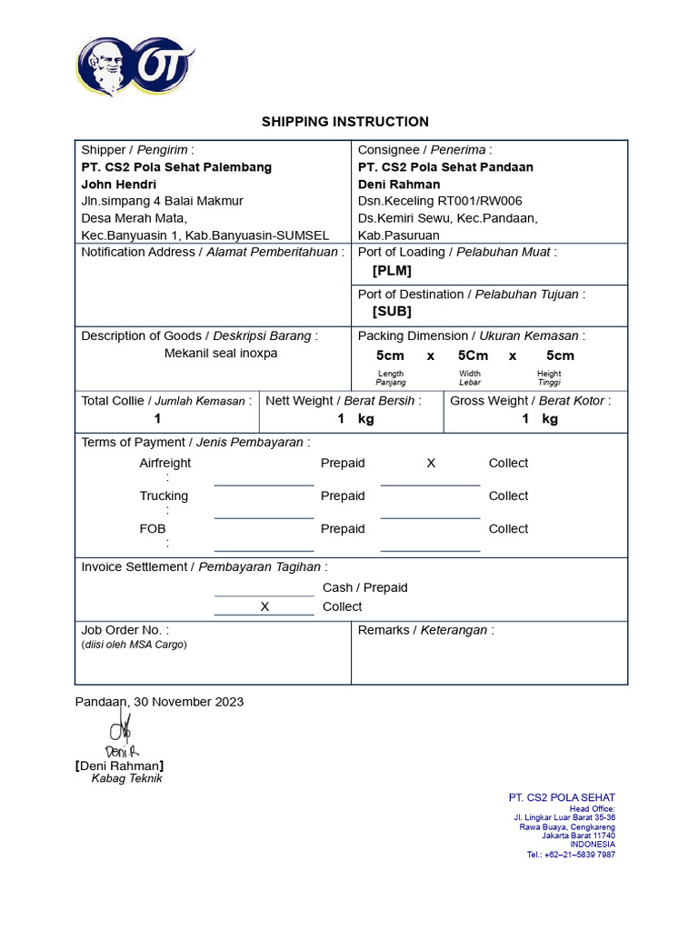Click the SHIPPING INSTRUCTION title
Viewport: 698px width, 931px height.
pos(345,121)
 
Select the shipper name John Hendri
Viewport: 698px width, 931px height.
pos(119,184)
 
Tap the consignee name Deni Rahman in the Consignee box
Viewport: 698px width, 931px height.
pos(399,184)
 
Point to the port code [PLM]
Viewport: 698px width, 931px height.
pos(392,270)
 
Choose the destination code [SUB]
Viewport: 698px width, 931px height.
pos(392,311)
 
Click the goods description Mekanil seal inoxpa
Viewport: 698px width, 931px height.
pos(221,353)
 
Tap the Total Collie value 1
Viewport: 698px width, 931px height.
pos(157,419)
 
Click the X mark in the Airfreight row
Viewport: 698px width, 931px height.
pos(431,463)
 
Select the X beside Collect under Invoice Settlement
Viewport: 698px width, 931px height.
pos(264,606)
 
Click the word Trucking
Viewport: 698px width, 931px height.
pos(164,496)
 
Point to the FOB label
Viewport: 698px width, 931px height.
pos(153,528)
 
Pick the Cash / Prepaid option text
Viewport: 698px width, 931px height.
pos(365,587)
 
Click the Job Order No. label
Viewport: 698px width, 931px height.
pos(125,630)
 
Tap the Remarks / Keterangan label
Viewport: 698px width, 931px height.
pos(425,630)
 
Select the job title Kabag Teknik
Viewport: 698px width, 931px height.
pos(126,778)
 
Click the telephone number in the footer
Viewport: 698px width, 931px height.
pos(571,855)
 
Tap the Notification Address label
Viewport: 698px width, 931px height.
pos(213,252)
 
